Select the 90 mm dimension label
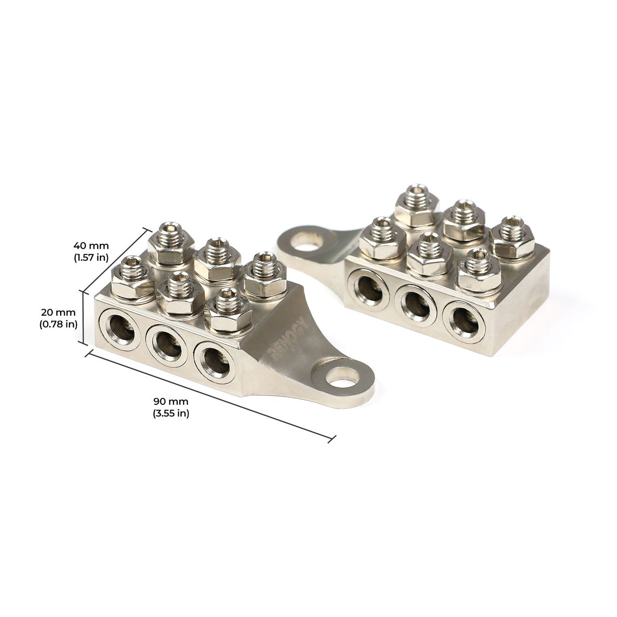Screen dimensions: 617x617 pos(171,401)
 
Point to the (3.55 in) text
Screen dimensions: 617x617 pos(171,413)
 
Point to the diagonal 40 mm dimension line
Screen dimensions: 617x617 pos(116,261)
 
